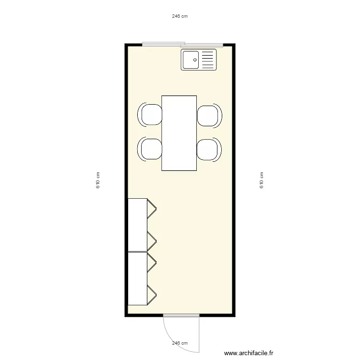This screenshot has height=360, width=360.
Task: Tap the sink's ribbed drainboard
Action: pos(207,60)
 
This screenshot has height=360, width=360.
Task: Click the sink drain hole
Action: pos(195,60)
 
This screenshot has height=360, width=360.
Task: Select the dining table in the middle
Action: pos(179,133)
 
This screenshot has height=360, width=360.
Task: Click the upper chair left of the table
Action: pos(150,115)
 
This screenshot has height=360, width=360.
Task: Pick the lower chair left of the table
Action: pos(150,149)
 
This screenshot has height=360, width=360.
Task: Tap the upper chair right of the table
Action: pos(209,115)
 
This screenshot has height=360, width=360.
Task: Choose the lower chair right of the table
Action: pos(209,149)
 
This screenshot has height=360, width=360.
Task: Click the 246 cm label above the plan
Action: pos(180,16)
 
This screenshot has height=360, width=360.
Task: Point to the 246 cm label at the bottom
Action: pos(180,343)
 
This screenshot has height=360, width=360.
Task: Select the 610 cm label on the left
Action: pos(98,180)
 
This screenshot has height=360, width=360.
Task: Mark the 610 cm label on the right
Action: pos(262,180)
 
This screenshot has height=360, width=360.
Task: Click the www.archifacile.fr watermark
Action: pos(248,353)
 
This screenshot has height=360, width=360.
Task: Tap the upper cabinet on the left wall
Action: pos(138,225)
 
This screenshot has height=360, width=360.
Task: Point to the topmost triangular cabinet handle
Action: pos(152,208)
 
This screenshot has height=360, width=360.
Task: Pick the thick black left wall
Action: pos(126,180)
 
